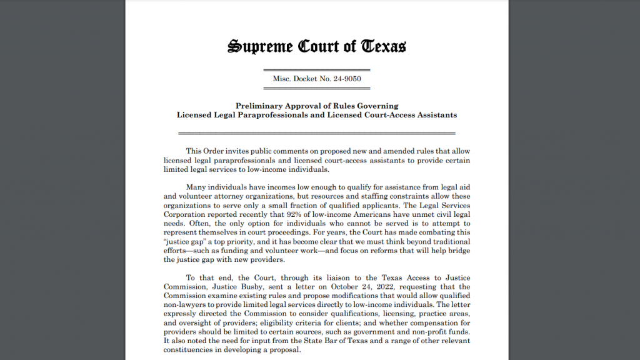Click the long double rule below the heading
click(x=316, y=133)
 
